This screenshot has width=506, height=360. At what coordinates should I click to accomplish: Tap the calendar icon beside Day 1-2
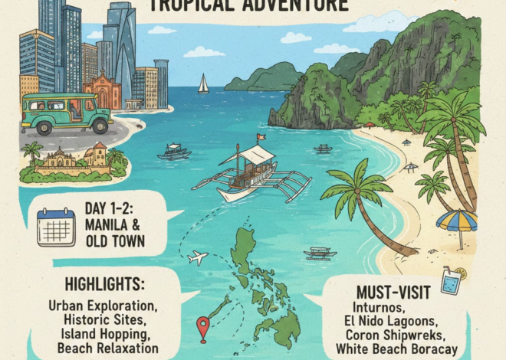tap(56, 227)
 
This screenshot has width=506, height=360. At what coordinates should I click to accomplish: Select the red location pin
tap(203, 328)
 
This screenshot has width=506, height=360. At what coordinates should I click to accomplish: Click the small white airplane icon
tap(198, 258)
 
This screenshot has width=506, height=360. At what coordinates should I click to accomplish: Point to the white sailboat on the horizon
tap(203, 84)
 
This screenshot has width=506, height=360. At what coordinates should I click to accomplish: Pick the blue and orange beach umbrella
tap(457, 221)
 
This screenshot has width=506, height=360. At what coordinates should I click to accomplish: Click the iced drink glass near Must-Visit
tap(452, 280)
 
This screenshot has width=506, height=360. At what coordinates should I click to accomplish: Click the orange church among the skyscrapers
tap(102, 91)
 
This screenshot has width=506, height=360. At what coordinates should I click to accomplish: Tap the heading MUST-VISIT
tap(391, 293)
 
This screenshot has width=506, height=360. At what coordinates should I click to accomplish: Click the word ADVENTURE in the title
tap(296, 6)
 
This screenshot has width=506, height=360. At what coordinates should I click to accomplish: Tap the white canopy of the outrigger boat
tap(246, 156)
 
